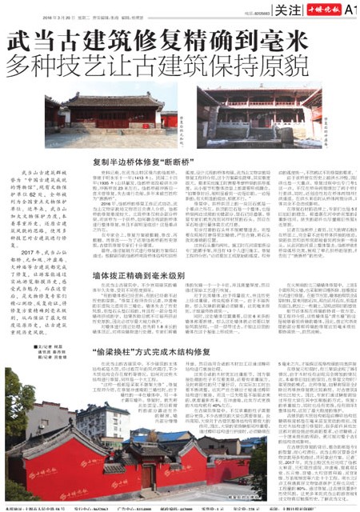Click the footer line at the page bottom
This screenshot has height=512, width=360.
pos(180,507)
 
